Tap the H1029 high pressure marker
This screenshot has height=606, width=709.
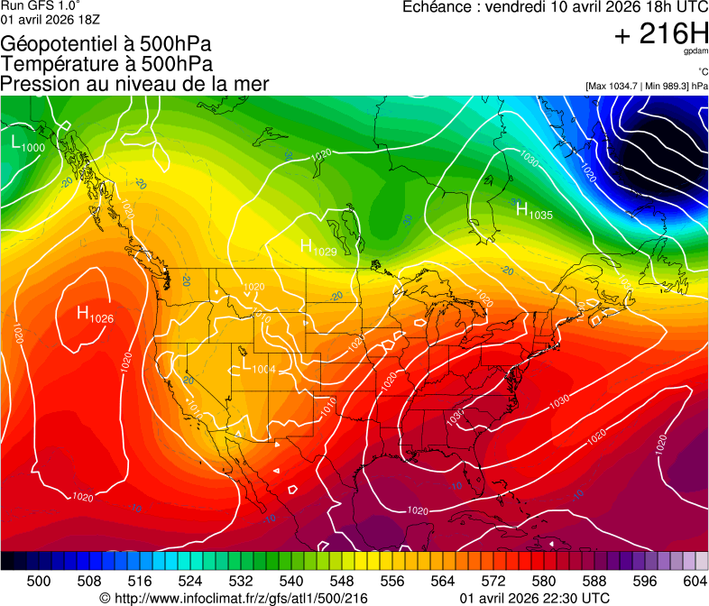[318, 247]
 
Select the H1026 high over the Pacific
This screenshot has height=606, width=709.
[95, 315]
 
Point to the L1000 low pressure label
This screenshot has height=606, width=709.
[28, 143]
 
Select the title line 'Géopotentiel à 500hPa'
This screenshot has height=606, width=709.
[106, 45]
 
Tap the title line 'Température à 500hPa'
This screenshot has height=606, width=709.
[106, 64]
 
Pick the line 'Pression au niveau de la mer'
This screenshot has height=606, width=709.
[134, 84]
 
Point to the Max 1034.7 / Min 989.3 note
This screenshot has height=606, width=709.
[646, 86]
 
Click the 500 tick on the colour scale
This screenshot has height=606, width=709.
[39, 580]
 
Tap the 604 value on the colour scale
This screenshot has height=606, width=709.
[694, 580]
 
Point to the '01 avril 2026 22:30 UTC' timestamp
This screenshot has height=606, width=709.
[534, 598]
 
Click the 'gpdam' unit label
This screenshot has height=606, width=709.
[695, 52]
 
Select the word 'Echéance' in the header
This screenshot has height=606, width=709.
[432, 7]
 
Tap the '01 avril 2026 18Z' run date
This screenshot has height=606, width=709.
[50, 19]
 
